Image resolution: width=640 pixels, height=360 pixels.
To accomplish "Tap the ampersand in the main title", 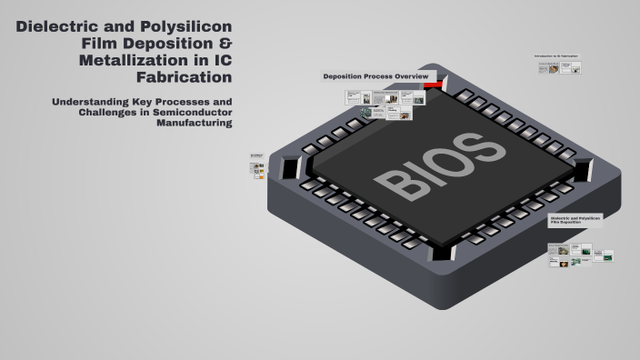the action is (x=225, y=45).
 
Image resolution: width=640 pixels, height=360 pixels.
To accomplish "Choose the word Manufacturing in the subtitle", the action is (x=194, y=123).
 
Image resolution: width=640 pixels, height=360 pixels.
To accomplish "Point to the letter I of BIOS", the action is (x=421, y=171).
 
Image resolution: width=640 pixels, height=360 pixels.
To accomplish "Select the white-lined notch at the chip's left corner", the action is (x=290, y=168).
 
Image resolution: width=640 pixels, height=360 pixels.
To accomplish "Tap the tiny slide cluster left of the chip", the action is (x=259, y=165).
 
